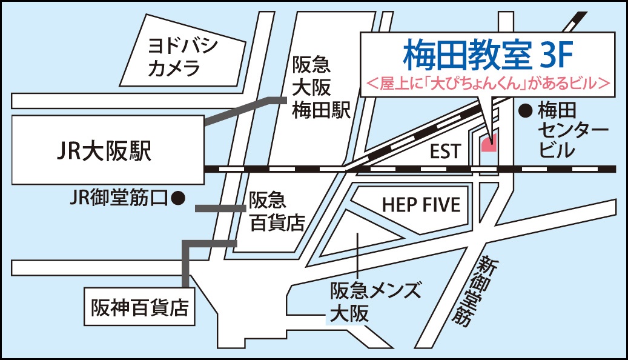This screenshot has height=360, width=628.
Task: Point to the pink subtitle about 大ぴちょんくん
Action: click(x=488, y=84)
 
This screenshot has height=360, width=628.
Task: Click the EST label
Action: click(x=446, y=152)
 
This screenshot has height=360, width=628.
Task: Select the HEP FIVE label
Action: click(x=421, y=205)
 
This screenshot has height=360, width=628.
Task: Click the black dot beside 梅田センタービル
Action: click(x=526, y=110)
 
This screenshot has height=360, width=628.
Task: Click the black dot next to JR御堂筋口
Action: click(x=177, y=196)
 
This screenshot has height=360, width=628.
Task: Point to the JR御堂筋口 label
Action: click(x=119, y=197)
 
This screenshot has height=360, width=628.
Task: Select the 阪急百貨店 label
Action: click(x=277, y=212)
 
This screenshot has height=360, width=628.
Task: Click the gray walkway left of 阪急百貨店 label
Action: click(x=216, y=208)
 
